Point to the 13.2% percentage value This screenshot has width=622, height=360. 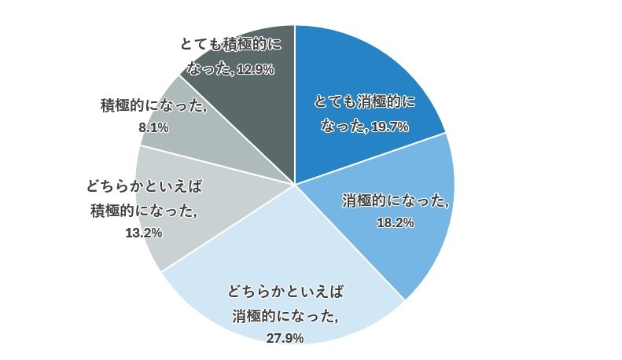[144, 233]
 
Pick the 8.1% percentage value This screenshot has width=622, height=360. [153, 127]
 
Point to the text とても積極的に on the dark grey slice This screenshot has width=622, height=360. [230, 45]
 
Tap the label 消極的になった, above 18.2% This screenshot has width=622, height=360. [396, 200]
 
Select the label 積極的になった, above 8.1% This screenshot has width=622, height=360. [153, 106]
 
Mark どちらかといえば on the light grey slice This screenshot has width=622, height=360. [144, 187]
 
